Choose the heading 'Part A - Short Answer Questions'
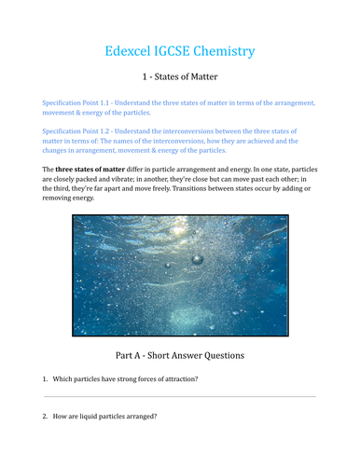point(180,355)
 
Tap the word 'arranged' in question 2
point(137,416)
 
